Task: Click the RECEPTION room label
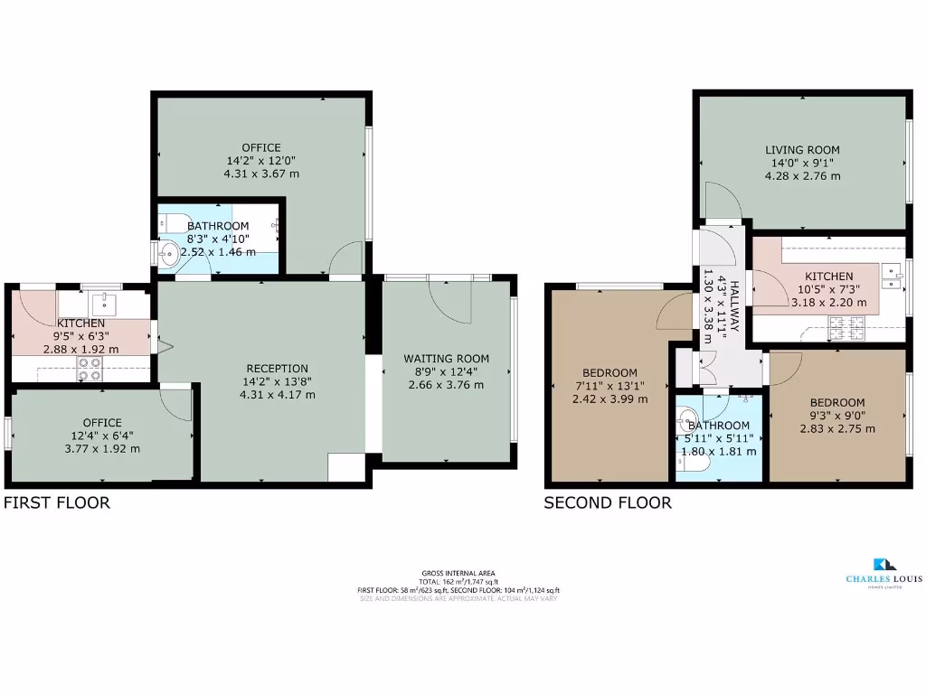[x=278, y=369]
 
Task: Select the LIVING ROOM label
[x=802, y=150]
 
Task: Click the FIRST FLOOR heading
[x=57, y=503]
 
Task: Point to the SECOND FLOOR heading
[x=607, y=503]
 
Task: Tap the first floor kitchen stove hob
[x=89, y=368]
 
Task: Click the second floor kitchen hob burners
[x=848, y=325]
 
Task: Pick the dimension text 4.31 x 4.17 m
[x=278, y=394]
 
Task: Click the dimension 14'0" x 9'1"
[x=802, y=163]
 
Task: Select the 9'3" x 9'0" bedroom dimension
[x=836, y=416]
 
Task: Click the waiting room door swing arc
[x=452, y=303]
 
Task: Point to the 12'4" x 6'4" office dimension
[x=102, y=436]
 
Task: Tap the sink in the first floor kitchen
[x=105, y=301]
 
